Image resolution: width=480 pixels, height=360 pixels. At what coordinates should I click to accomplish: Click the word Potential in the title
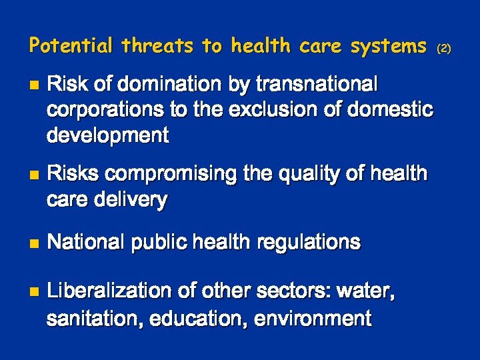(71, 45)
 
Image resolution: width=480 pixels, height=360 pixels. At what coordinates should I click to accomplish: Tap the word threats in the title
(157, 45)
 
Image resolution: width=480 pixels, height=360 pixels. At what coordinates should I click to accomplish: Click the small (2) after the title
(444, 48)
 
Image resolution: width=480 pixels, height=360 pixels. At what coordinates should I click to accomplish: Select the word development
(107, 135)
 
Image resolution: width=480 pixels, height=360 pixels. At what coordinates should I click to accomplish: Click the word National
(87, 242)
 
